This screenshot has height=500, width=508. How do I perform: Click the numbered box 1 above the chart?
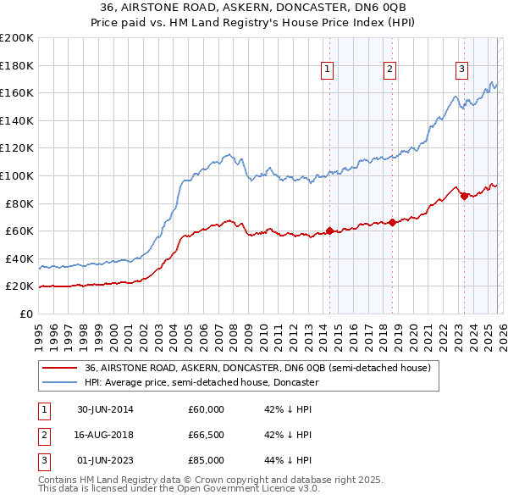[327, 70]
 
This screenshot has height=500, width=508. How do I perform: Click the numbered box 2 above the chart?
[389, 70]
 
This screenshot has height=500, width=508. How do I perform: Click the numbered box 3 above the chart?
[461, 70]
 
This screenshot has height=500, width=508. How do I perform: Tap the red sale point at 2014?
[329, 231]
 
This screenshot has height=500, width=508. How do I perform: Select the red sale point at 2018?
[391, 222]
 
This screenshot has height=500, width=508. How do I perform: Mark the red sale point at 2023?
[463, 197]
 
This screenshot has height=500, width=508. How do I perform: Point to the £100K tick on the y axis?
[18, 175]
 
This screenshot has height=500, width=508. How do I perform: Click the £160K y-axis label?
[18, 92]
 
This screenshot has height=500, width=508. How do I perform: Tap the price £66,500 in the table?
[206, 435]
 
